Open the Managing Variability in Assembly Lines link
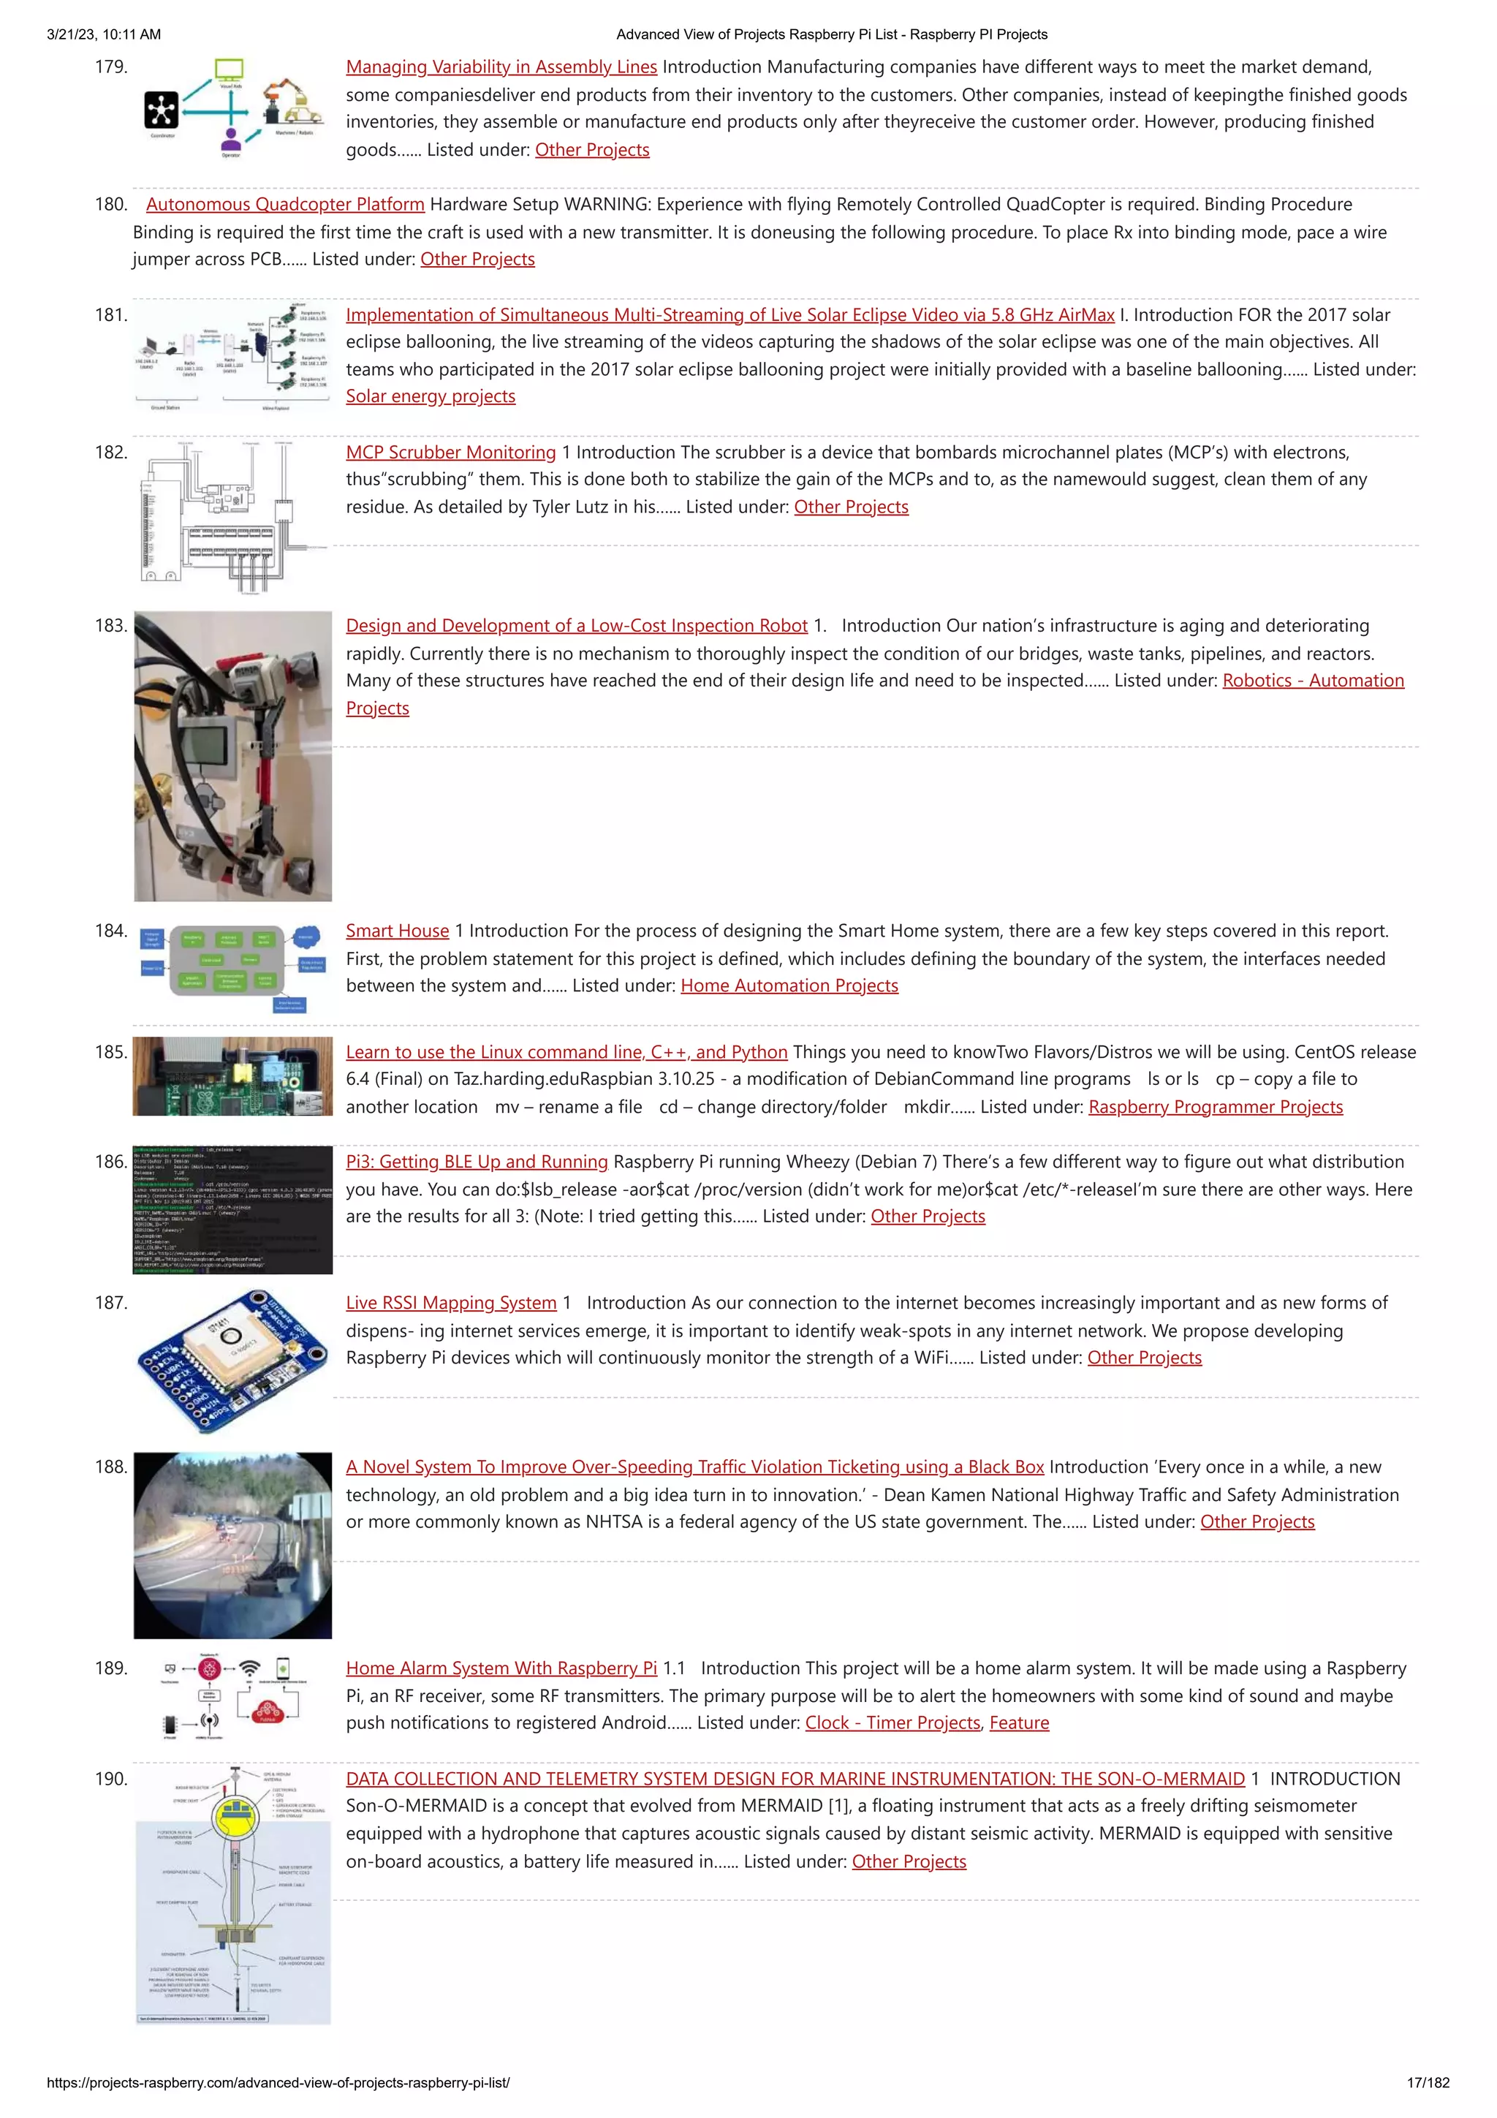click(x=501, y=67)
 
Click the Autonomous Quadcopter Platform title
click(x=285, y=205)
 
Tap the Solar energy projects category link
click(x=430, y=397)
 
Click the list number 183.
click(x=110, y=625)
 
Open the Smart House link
click(x=397, y=931)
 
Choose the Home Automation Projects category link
click(x=789, y=986)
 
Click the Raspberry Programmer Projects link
click(x=1215, y=1107)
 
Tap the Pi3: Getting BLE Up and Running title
click(x=476, y=1162)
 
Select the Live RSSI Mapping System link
click(x=451, y=1304)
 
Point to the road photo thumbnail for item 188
click(x=232, y=1545)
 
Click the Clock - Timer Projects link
click(x=892, y=1723)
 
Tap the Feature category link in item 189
click(x=1018, y=1723)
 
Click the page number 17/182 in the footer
click(x=1427, y=2083)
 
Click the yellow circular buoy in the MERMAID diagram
click(x=236, y=1818)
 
